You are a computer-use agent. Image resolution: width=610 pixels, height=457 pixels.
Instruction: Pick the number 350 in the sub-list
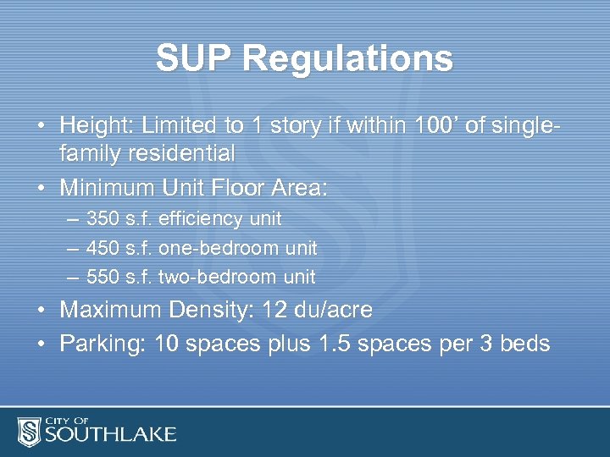point(103,219)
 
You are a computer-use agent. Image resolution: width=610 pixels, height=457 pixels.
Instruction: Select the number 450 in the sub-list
point(103,248)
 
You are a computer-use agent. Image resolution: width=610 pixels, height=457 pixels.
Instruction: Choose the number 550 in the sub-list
point(103,277)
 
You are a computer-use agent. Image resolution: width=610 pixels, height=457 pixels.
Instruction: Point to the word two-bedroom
point(217,277)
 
